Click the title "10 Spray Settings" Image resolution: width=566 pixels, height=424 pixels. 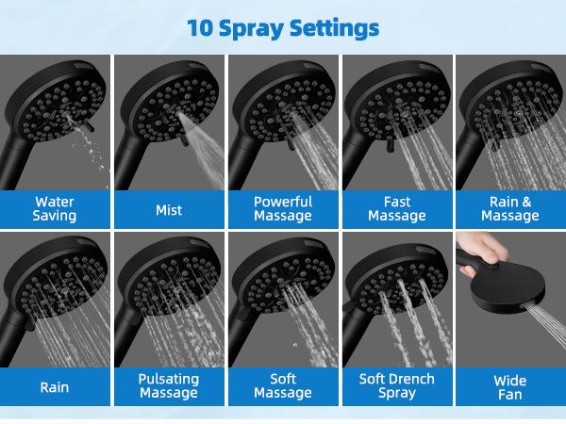pyautogui.click(x=283, y=27)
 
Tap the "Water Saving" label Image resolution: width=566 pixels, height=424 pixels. pyautogui.click(x=55, y=209)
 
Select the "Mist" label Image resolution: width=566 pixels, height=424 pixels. pyautogui.click(x=169, y=210)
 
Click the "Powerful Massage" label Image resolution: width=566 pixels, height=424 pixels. pyautogui.click(x=283, y=209)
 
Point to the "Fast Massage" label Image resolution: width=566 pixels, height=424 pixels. pyautogui.click(x=397, y=209)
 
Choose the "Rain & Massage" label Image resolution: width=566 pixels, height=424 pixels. pyautogui.click(x=510, y=209)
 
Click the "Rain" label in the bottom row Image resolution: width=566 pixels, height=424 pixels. pyautogui.click(x=55, y=386)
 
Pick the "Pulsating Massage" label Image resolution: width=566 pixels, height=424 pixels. pyautogui.click(x=169, y=385)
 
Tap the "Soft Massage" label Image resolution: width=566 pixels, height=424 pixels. pyautogui.click(x=283, y=385)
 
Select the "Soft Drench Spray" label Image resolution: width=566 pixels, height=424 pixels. pyautogui.click(x=397, y=385)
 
